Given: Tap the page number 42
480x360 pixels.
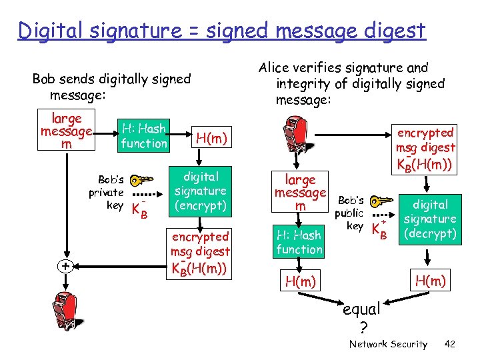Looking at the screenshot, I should (x=449, y=344).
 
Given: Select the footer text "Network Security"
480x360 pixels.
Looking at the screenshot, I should (x=388, y=344).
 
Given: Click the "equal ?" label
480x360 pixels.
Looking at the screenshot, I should (x=361, y=317).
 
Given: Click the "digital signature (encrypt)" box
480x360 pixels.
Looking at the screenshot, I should (x=200, y=191).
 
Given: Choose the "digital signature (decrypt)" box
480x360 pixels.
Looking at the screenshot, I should (x=430, y=219).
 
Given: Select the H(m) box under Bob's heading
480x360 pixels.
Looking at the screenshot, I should (x=211, y=138).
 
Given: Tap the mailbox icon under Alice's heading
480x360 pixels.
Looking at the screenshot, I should (x=295, y=137).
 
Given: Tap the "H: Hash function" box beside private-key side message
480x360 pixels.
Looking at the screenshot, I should (x=143, y=135).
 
